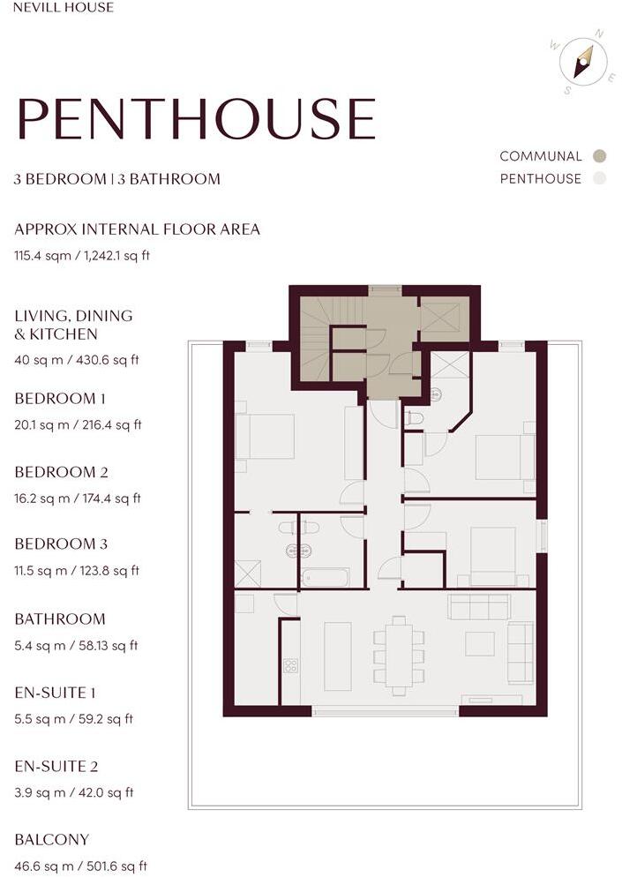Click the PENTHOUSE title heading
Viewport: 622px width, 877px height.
(x=195, y=118)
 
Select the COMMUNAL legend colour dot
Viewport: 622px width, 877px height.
(x=600, y=156)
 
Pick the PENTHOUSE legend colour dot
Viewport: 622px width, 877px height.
(x=600, y=178)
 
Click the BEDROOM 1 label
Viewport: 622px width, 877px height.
(x=60, y=399)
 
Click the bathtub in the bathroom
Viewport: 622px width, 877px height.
(x=326, y=578)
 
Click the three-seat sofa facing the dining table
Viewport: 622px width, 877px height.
(x=479, y=606)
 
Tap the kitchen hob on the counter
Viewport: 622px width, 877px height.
(x=290, y=665)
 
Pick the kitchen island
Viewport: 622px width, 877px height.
(x=338, y=656)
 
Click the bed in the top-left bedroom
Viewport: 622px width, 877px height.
(x=266, y=437)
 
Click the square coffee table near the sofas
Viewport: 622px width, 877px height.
(x=480, y=644)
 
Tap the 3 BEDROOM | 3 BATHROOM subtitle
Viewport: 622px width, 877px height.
(x=117, y=179)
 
